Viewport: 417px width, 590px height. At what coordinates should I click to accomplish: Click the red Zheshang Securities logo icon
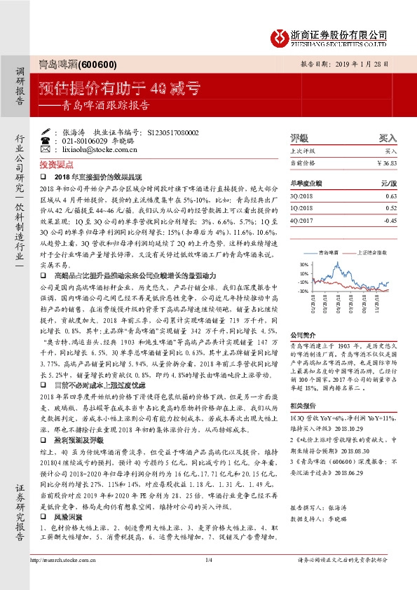pyautogui.click(x=281, y=36)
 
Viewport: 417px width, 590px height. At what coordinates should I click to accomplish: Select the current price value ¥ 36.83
pyautogui.click(x=396, y=163)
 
